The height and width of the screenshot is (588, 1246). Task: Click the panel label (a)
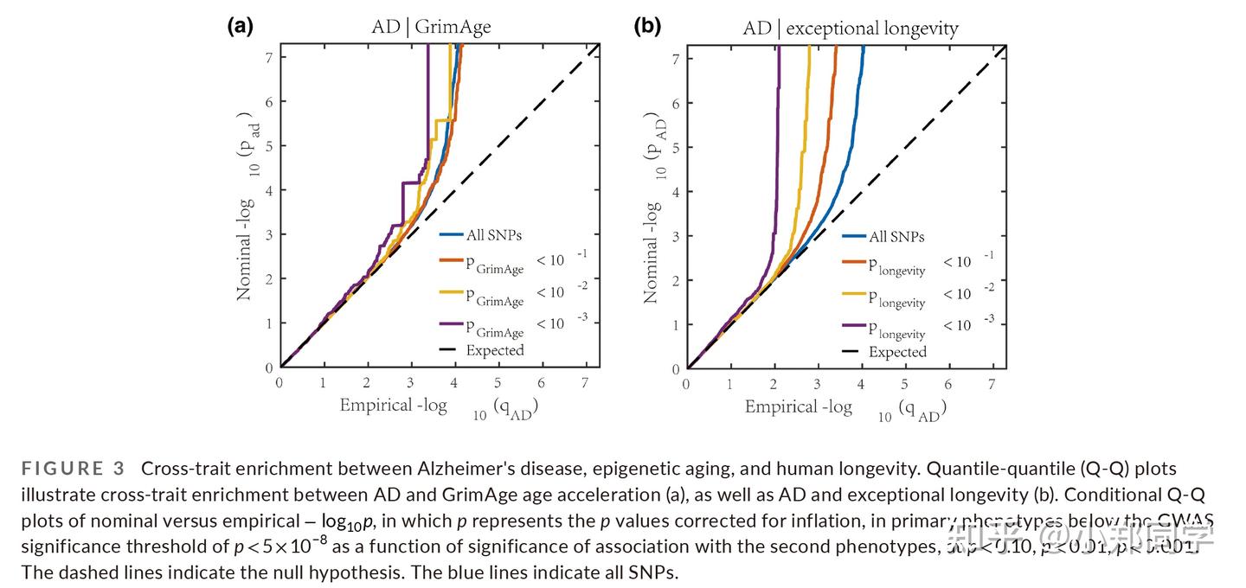240,26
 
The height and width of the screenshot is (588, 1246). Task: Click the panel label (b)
647,26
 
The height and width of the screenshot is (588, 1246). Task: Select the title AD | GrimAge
425,27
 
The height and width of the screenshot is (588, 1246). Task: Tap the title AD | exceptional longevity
851,29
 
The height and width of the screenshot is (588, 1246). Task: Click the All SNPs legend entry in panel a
493,233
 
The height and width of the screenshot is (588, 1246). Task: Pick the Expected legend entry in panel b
897,352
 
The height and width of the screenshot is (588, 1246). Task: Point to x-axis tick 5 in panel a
498,382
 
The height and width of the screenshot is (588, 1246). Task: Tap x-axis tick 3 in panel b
817,384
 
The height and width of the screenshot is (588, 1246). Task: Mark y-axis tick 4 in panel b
675,191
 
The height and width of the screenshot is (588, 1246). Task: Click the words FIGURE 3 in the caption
74,469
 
